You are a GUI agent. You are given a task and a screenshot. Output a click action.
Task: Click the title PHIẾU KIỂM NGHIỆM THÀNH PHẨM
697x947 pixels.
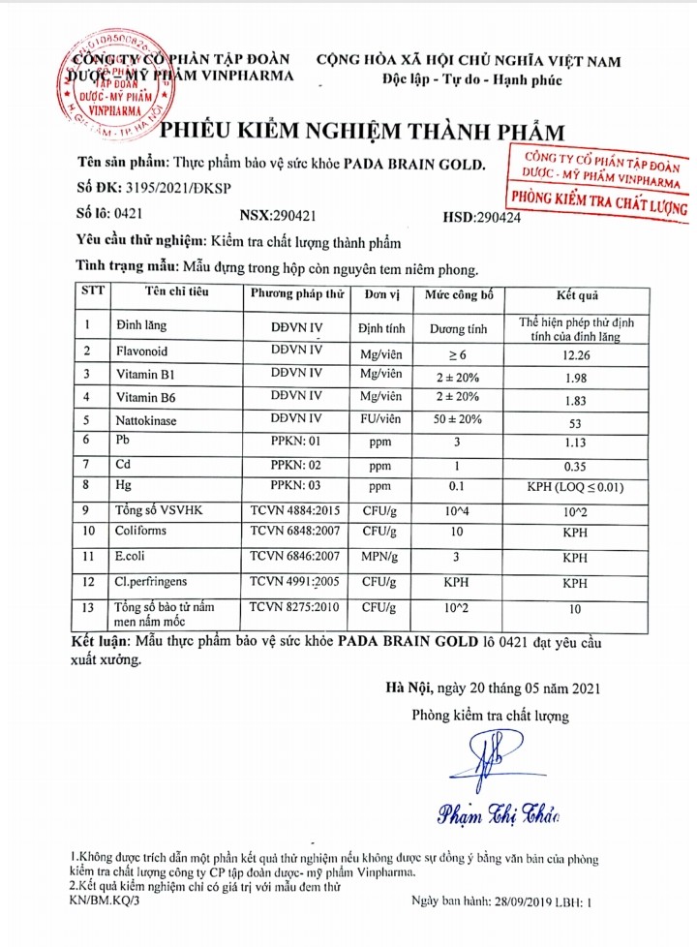click(x=361, y=133)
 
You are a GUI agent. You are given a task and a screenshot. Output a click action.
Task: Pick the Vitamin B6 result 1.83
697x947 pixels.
click(x=576, y=398)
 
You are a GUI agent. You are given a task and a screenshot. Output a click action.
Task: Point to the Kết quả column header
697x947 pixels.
click(x=576, y=292)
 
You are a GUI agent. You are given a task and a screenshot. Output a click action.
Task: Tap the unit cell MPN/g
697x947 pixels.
click(x=379, y=558)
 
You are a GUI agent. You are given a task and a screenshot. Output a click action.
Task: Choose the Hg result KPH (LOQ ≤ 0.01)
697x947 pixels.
click(x=576, y=486)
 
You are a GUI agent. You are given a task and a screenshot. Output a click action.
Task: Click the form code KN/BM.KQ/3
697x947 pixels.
click(x=105, y=901)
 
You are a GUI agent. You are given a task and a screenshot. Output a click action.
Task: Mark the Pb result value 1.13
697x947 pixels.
click(x=576, y=442)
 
